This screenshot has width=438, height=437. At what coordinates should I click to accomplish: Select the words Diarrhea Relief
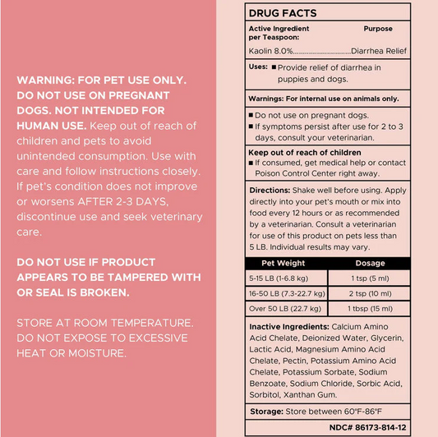[380, 49]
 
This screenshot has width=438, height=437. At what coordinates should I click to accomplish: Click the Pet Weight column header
[284, 264]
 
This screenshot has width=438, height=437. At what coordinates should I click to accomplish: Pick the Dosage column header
[369, 264]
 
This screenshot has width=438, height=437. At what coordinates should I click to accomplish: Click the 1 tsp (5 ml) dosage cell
[369, 278]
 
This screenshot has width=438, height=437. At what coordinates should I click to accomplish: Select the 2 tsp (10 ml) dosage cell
[369, 292]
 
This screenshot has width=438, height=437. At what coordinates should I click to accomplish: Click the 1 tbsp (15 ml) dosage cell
[369, 308]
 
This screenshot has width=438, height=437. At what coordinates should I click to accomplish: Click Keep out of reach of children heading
[305, 152]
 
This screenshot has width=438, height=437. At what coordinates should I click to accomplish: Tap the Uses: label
[259, 67]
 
